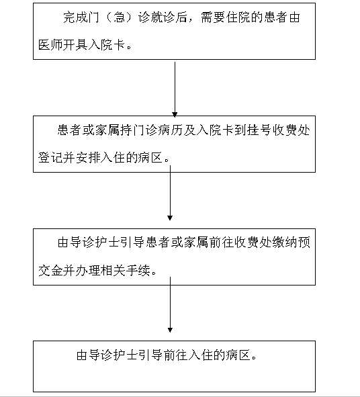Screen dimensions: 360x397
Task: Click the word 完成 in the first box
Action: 75,17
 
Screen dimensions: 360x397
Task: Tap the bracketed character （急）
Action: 118,17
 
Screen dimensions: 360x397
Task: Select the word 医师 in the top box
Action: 50,45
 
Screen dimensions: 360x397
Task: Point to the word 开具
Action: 75,45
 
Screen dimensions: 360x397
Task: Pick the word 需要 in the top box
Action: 213,17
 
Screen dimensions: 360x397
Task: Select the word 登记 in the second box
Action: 50,158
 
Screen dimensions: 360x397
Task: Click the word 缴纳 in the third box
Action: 284,242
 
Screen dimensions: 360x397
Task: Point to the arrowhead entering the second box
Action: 175,114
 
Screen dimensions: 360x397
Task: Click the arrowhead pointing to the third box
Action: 170,218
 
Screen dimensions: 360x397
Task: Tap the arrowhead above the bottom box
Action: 170,330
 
